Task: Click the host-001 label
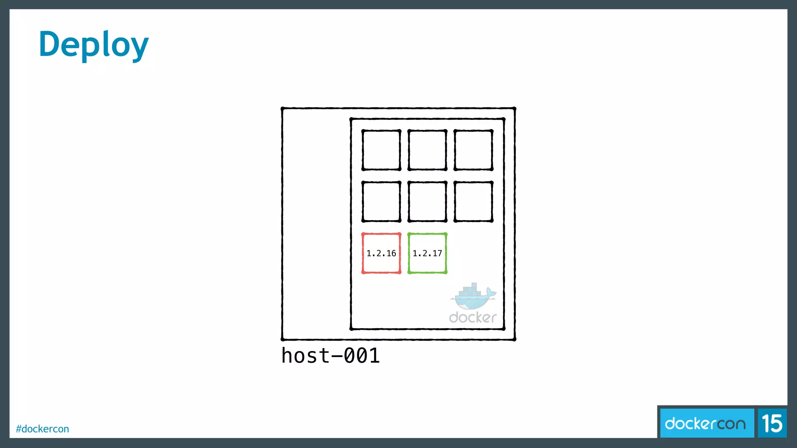pos(330,355)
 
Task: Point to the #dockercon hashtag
pos(42,429)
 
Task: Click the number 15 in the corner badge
pos(772,423)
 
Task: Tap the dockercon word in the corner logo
pos(705,423)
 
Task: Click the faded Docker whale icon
pos(473,297)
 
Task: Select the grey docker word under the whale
pos(472,317)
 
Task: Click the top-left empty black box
pos(381,150)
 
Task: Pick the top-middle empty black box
pos(427,150)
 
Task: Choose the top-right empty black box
pos(473,150)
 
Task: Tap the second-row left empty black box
pos(381,201)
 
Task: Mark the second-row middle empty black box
pos(427,201)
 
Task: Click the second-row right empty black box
pos(473,201)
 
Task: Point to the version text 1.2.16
pos(381,254)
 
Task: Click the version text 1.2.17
pos(427,254)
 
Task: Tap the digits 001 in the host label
pos(362,355)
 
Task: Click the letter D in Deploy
pos(51,44)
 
